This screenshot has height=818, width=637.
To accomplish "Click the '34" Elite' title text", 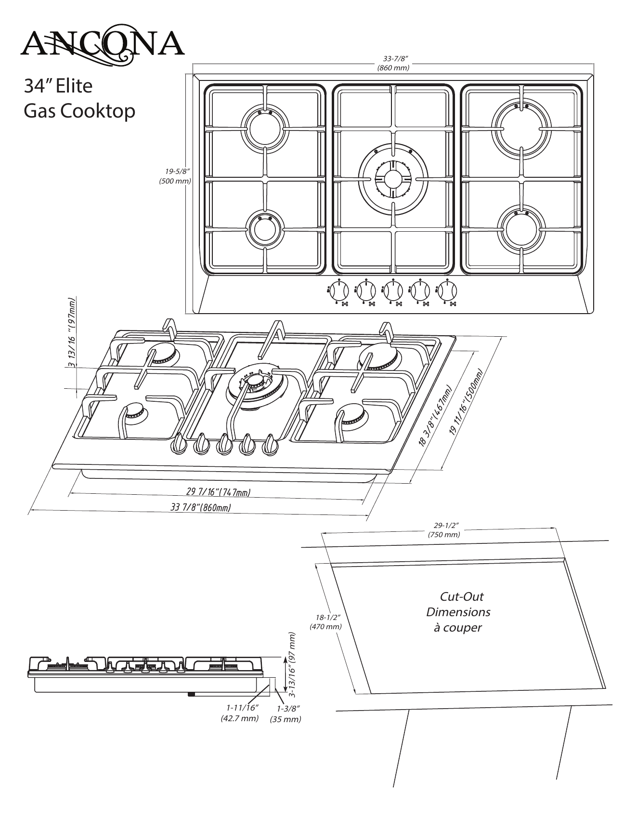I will [58, 86].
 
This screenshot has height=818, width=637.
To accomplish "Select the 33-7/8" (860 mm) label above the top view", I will [393, 64].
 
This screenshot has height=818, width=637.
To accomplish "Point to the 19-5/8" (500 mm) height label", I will [175, 176].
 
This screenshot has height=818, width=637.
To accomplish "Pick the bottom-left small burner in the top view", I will [264, 228].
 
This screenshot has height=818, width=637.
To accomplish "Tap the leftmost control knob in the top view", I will [339, 291].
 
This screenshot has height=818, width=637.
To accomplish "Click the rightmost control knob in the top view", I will [447, 291].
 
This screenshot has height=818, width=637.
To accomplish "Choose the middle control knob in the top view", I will [393, 291].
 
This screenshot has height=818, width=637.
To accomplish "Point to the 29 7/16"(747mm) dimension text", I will [218, 492].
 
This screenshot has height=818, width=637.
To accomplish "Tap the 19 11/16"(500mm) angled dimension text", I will [466, 403].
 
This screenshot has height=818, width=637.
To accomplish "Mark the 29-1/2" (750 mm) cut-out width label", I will [443, 530].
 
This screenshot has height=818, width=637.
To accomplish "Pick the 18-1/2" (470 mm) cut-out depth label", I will [325, 622].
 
